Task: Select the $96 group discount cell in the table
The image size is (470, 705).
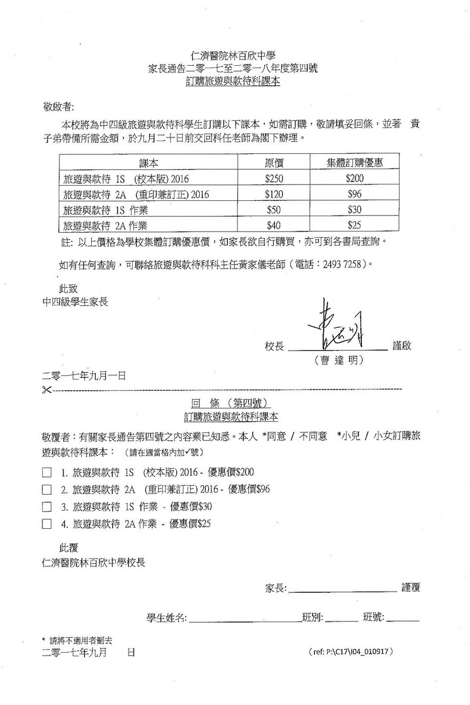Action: click(x=354, y=193)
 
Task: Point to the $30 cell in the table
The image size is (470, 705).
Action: click(x=354, y=209)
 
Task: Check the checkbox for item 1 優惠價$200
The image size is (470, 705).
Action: click(x=47, y=472)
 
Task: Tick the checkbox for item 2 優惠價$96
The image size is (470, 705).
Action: click(x=47, y=489)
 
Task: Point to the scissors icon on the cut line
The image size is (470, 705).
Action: click(x=47, y=390)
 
